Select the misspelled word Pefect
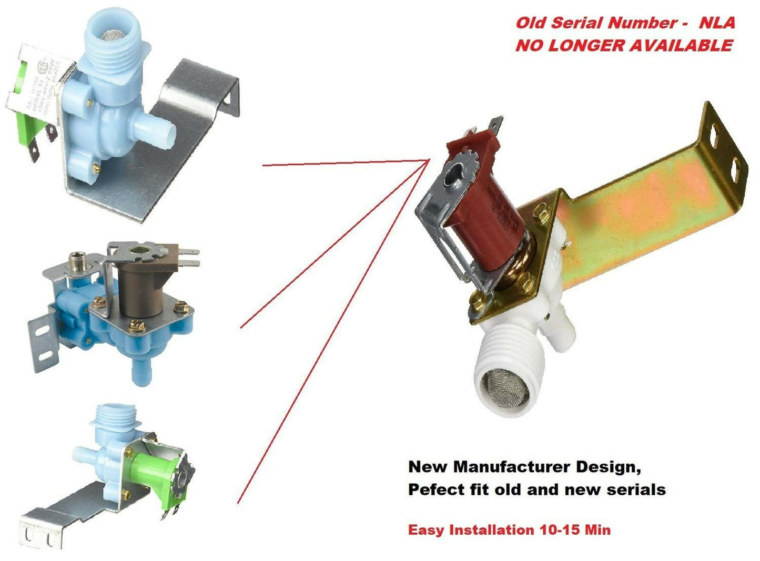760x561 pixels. [x=433, y=490]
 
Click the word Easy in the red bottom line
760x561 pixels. [x=425, y=530]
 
